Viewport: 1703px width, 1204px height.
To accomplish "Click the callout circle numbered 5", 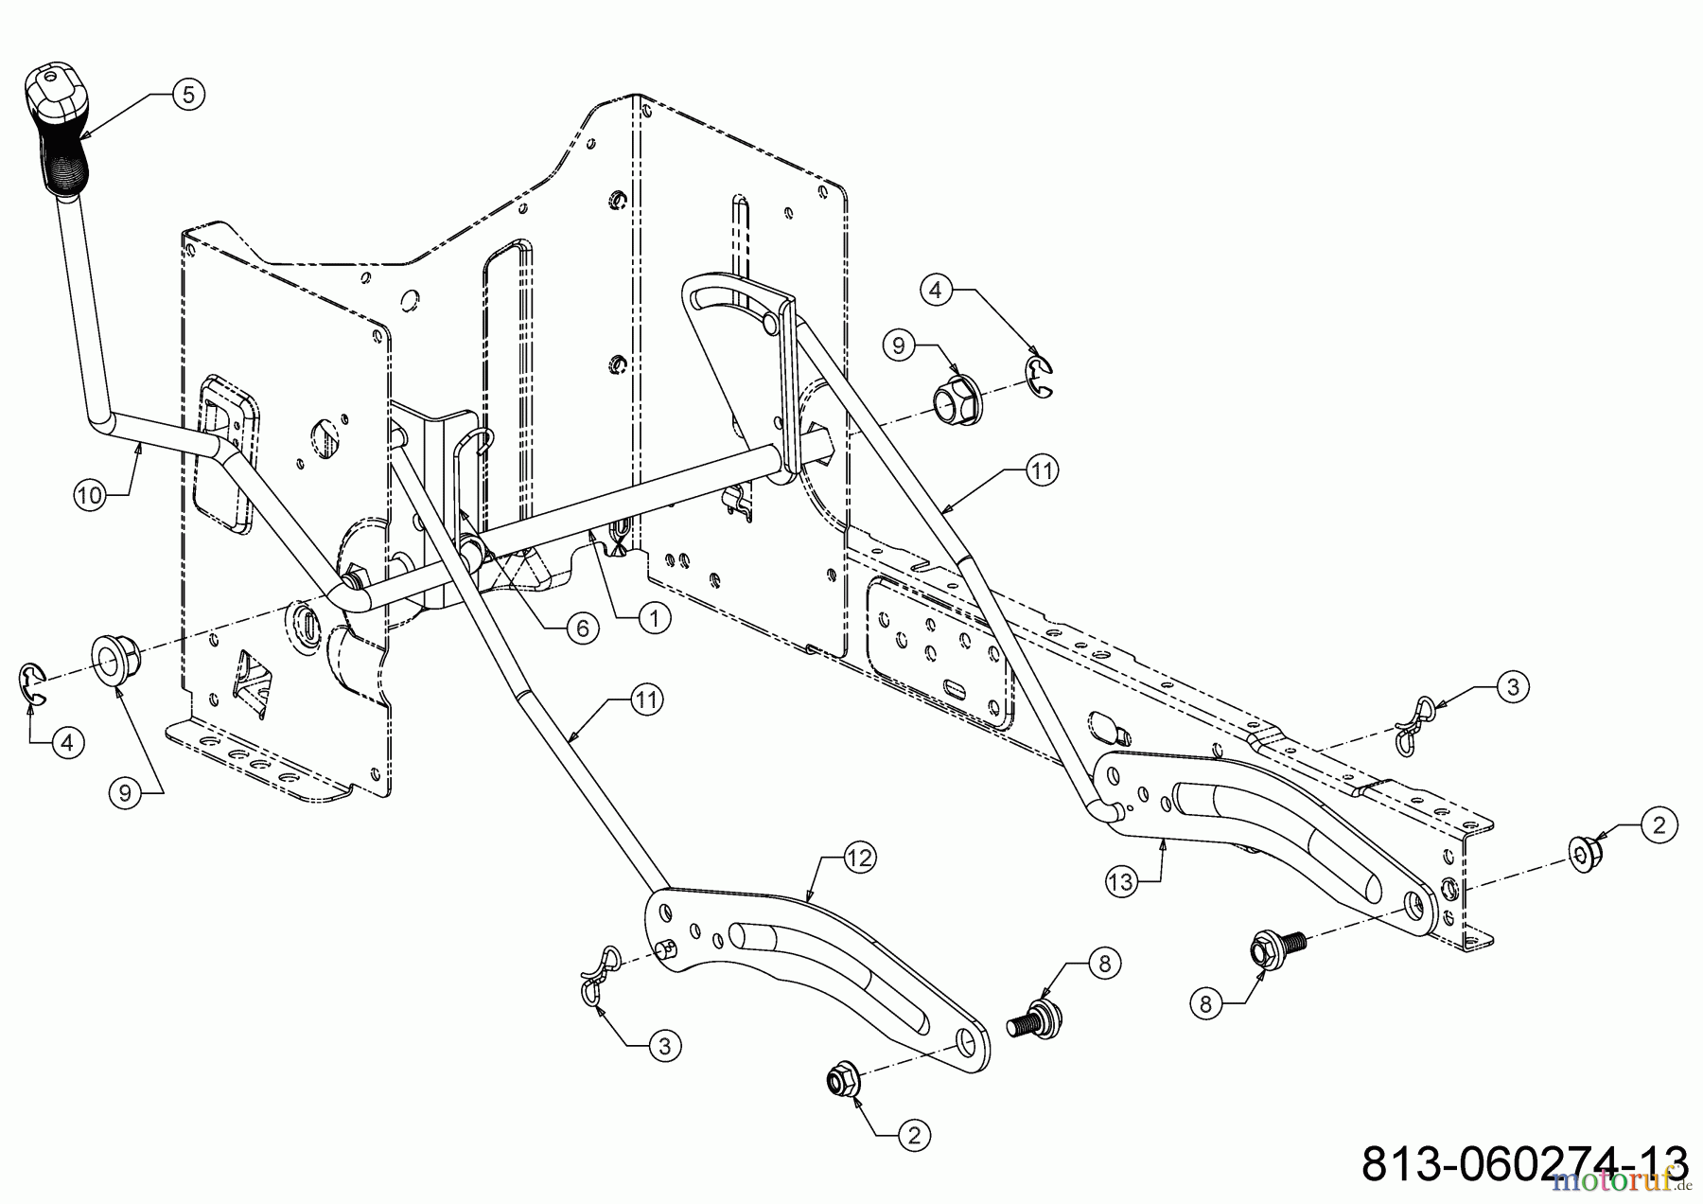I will [187, 95].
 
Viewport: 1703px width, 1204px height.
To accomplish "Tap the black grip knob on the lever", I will [54, 133].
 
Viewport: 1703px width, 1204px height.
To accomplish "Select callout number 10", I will [91, 495].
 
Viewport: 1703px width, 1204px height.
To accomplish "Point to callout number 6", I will [583, 628].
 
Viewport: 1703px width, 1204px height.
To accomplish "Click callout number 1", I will [654, 618].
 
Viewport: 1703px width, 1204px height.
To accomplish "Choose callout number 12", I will [860, 858].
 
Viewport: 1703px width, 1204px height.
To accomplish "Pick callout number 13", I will [1120, 881].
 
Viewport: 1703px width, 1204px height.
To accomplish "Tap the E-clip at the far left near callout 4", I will [34, 684].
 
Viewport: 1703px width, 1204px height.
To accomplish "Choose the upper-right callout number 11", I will [1041, 470].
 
